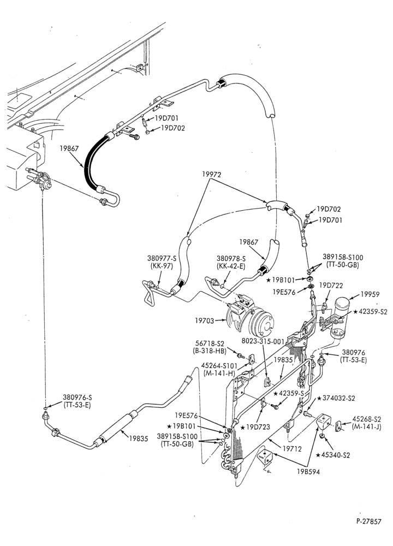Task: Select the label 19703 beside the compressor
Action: [x=204, y=319]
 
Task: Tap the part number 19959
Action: [x=370, y=295]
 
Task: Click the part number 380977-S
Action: [x=161, y=258]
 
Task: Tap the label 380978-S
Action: [x=231, y=258]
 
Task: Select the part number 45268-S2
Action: [x=367, y=419]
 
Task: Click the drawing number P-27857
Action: [x=368, y=521]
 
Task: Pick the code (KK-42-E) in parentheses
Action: [x=231, y=265]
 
